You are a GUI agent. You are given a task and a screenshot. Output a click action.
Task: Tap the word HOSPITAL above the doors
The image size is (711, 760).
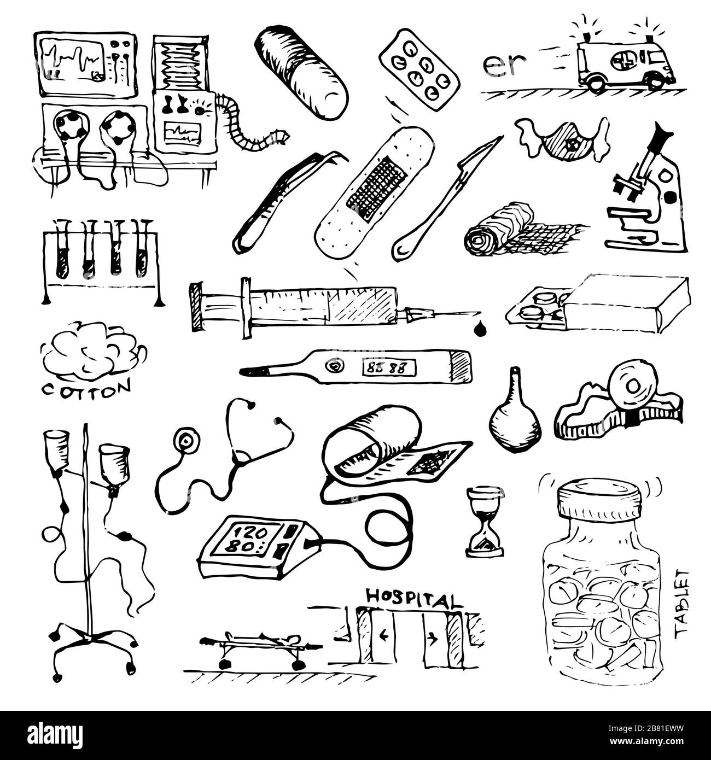[x=412, y=599]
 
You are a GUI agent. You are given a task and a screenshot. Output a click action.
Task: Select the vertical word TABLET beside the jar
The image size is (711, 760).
[x=682, y=603]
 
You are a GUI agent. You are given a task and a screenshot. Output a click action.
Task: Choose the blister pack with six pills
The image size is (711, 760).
[x=419, y=71]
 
